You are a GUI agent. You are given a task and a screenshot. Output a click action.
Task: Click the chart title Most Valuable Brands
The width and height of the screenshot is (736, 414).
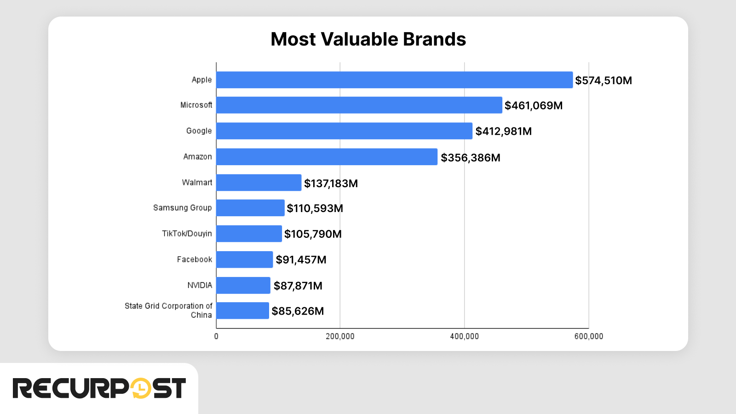pyautogui.click(x=368, y=39)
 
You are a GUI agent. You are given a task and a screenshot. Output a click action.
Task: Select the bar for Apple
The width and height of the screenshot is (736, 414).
pyautogui.click(x=394, y=80)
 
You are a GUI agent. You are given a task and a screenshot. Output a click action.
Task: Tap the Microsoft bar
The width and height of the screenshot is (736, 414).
pyautogui.click(x=359, y=105)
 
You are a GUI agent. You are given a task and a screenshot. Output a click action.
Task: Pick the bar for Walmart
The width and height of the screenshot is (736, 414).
pyautogui.click(x=259, y=183)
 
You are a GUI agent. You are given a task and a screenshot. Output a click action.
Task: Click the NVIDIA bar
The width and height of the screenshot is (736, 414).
pyautogui.click(x=243, y=285)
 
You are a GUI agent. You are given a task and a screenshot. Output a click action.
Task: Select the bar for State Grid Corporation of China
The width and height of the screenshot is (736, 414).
pyautogui.click(x=242, y=310)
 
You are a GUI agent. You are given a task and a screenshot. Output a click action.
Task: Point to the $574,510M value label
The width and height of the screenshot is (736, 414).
pyautogui.click(x=603, y=80)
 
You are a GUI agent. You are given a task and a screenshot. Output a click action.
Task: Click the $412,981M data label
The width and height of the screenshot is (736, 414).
pyautogui.click(x=503, y=132)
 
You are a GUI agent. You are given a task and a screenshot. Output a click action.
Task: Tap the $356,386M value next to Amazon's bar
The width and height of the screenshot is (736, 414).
pyautogui.click(x=470, y=158)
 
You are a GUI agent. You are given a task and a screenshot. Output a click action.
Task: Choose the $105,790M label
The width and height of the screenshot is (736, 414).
pyautogui.click(x=313, y=234)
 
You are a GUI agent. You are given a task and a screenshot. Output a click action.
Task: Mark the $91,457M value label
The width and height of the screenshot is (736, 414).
pyautogui.click(x=301, y=260)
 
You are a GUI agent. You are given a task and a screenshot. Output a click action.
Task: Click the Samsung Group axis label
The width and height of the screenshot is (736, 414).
pyautogui.click(x=182, y=208)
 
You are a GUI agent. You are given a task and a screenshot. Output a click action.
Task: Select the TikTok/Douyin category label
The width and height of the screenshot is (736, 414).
pyautogui.click(x=187, y=234)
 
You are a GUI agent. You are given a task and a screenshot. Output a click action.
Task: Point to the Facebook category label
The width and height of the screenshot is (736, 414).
pyautogui.click(x=194, y=259)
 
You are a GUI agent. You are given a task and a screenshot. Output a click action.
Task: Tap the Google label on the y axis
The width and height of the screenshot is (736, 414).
pyautogui.click(x=199, y=131)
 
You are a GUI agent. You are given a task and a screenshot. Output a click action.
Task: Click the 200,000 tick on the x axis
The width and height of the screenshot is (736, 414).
pyautogui.click(x=340, y=337)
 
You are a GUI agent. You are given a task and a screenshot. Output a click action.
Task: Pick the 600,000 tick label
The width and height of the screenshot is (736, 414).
pyautogui.click(x=588, y=337)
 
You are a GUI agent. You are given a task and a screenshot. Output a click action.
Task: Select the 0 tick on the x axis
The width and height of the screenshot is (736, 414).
pyautogui.click(x=216, y=337)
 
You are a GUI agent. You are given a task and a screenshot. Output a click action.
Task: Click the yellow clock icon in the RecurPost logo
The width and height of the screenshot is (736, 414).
pyautogui.click(x=141, y=389)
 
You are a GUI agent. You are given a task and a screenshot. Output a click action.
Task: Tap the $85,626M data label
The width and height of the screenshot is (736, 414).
pyautogui.click(x=298, y=311)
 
